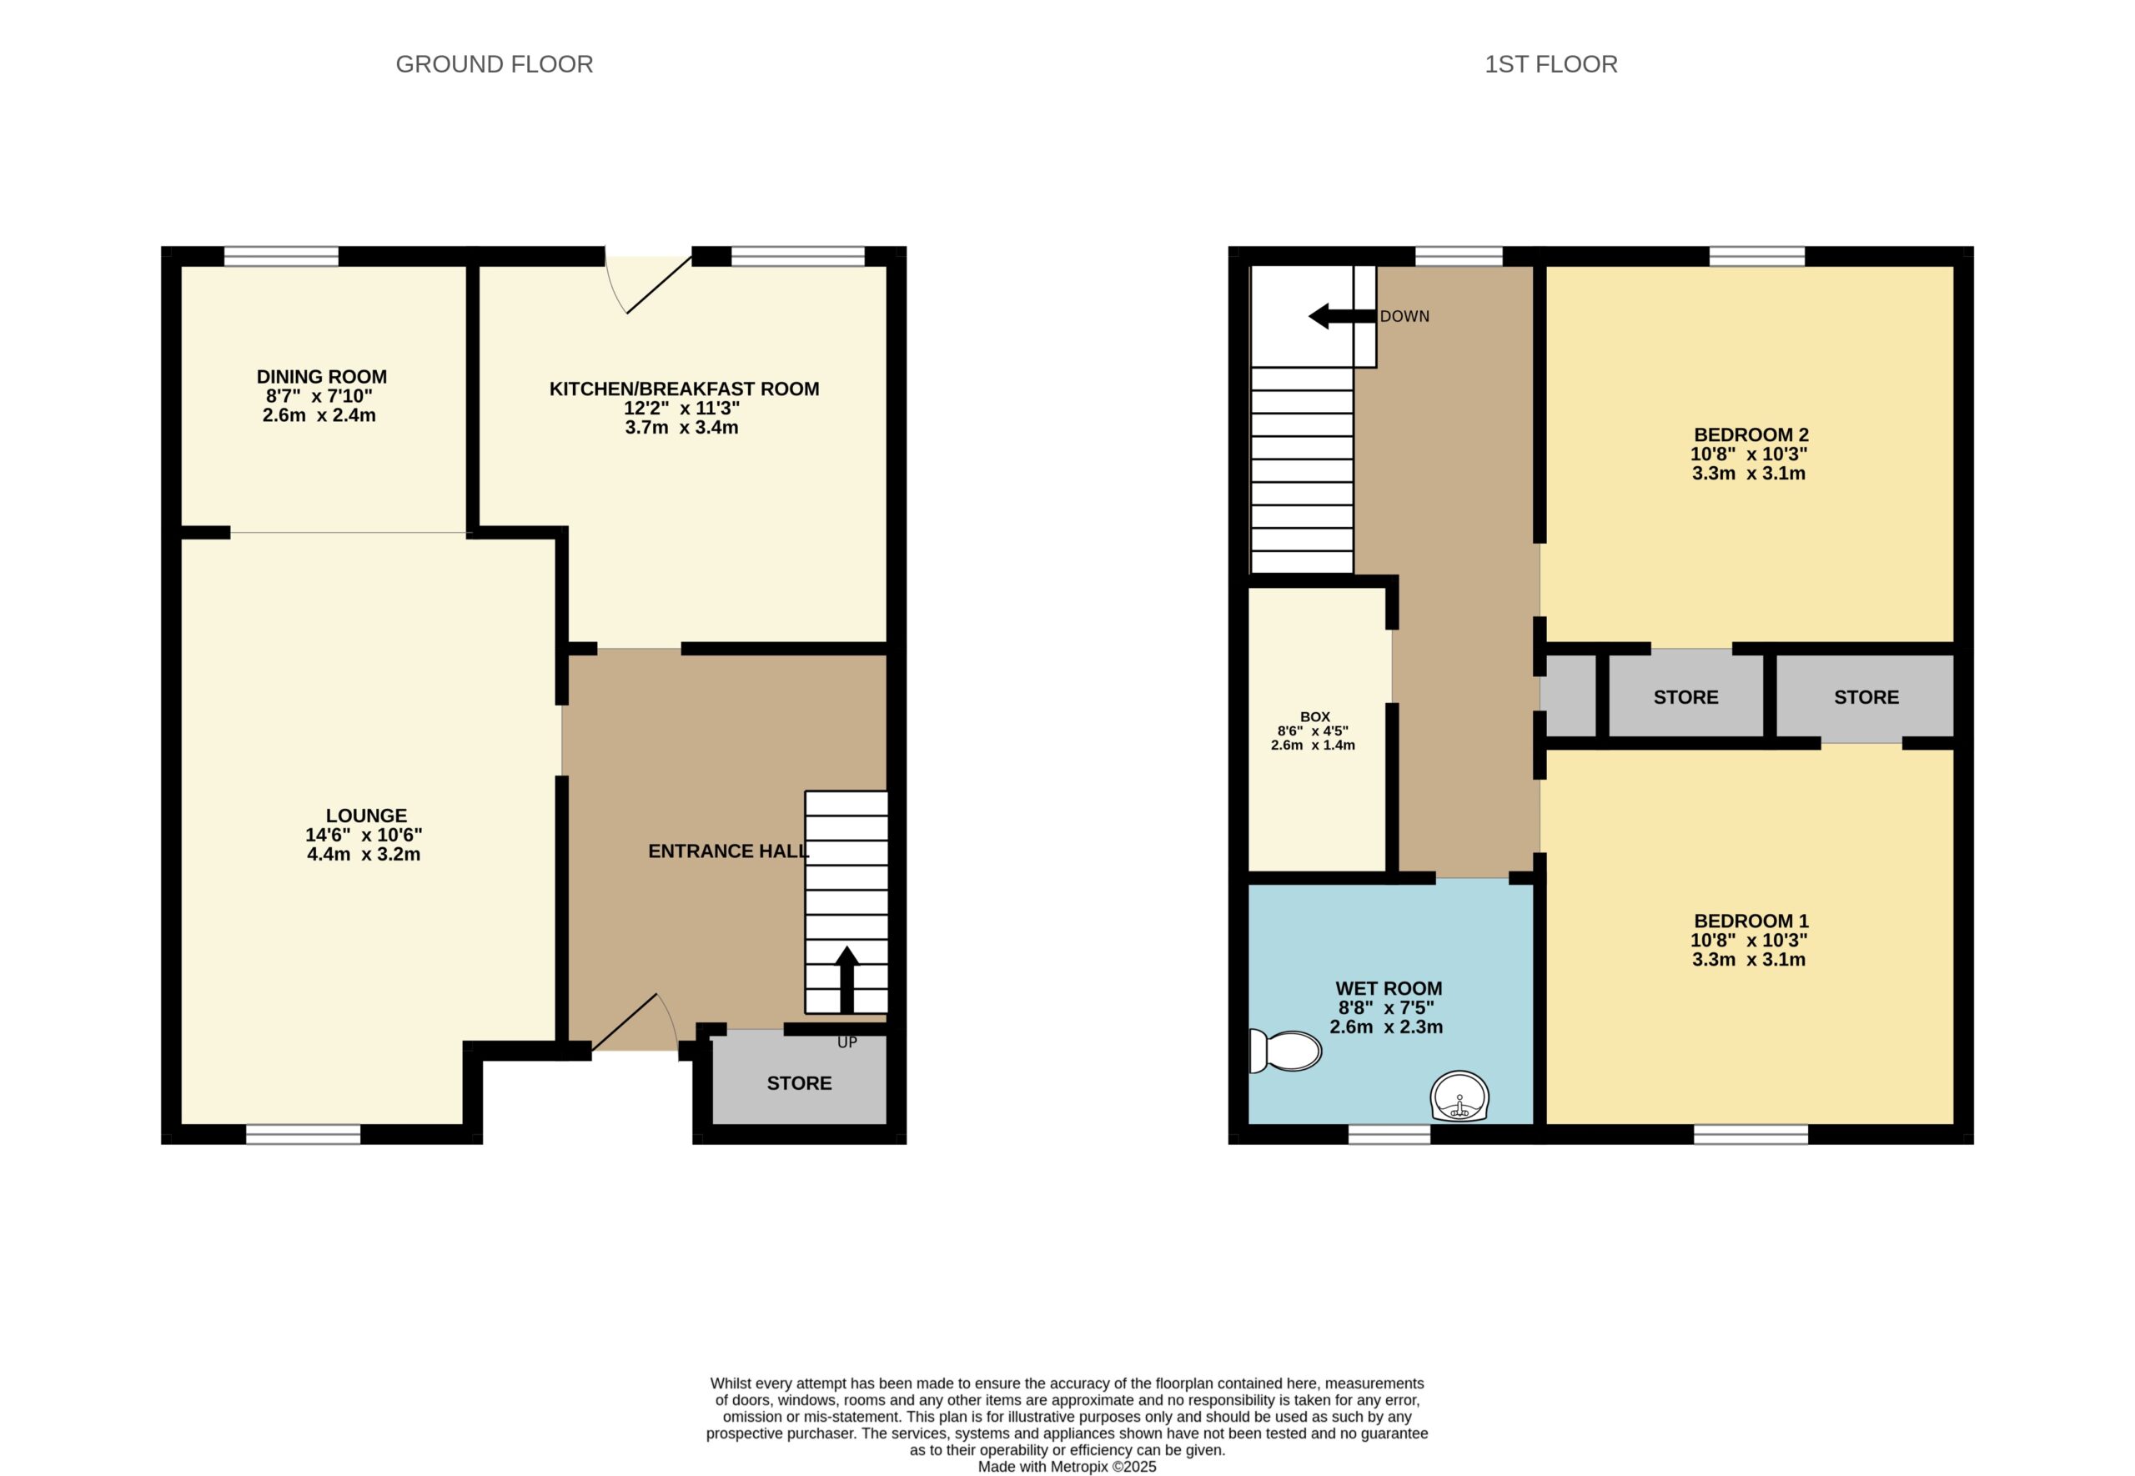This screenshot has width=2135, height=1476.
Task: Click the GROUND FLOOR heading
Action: coord(494,65)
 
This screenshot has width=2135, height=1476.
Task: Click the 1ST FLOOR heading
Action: coord(1550,65)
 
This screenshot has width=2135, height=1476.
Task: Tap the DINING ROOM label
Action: coord(322,376)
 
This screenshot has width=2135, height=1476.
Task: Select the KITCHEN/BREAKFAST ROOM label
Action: coord(684,389)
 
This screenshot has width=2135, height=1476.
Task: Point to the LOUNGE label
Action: coord(366,816)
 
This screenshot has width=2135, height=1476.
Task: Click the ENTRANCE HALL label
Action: coord(729,851)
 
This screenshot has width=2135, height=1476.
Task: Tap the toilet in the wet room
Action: coord(1284,1051)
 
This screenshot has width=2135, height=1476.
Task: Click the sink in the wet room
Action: coord(1460,1097)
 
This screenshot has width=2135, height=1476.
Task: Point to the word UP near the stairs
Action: coord(847,1042)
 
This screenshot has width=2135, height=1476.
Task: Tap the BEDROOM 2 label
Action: coord(1751,434)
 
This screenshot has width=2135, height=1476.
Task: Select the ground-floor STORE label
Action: coord(799,1083)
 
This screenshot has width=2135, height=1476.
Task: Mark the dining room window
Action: coord(281,256)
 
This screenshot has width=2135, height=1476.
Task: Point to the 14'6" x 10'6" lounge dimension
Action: coord(364,834)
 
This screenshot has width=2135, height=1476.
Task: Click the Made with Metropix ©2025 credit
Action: coord(1067,1467)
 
